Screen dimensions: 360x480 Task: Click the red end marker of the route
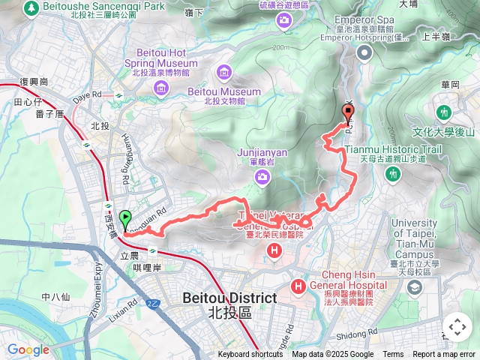(x=347, y=114)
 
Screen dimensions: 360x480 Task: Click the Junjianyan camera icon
(x=262, y=177)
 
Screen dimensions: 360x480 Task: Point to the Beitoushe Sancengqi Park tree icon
(x=31, y=8)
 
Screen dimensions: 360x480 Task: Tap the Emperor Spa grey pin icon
(x=364, y=52)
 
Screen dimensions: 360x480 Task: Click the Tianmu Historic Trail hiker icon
(x=391, y=174)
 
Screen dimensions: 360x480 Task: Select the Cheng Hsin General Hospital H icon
(x=299, y=286)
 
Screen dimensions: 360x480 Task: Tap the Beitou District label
(x=229, y=298)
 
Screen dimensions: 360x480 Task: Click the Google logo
(x=28, y=349)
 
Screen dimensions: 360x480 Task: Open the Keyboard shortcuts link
(x=250, y=355)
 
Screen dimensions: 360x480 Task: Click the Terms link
(x=393, y=355)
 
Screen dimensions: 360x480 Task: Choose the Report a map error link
(x=444, y=355)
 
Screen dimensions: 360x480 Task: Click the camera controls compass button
(x=457, y=327)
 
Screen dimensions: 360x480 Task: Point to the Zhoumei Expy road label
(x=98, y=285)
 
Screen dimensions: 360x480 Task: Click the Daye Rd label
(x=87, y=95)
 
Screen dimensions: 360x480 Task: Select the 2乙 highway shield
(x=153, y=303)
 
